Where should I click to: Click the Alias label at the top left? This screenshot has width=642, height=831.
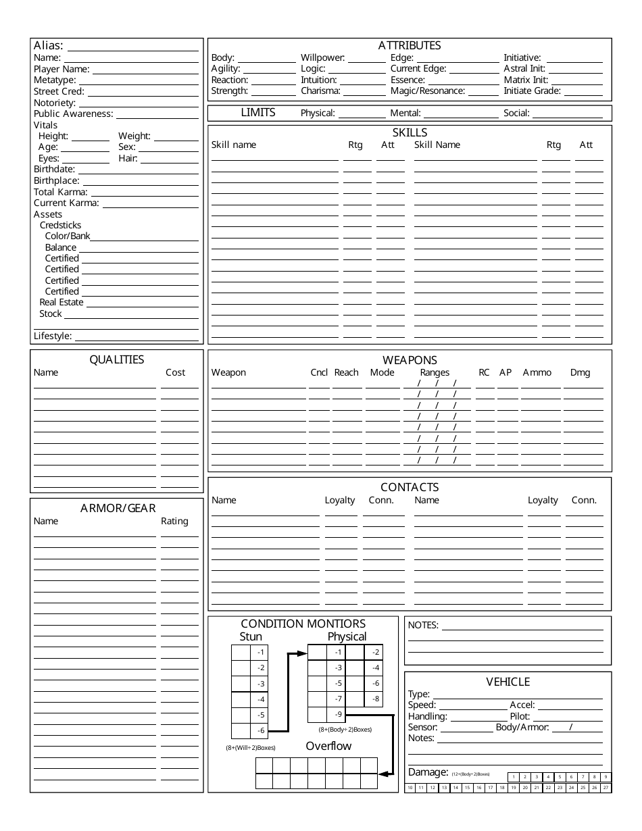coord(49,46)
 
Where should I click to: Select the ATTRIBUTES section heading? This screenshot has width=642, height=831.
coord(410,45)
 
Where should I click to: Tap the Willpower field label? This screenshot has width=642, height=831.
coord(323,58)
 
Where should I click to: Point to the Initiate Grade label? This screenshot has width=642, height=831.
coord(533,91)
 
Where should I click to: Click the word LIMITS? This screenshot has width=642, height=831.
coord(258,113)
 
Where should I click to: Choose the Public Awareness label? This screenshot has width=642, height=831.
coord(74,114)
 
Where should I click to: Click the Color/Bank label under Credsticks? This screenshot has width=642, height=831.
coord(68,236)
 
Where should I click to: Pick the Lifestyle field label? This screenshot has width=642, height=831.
coord(53,336)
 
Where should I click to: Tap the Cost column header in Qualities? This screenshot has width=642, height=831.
coord(175,372)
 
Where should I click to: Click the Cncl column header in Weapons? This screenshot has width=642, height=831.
coord(319,372)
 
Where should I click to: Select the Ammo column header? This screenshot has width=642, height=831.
coord(537,372)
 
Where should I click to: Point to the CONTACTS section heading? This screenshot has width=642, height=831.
coord(410,487)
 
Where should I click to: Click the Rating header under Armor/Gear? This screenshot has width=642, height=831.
coord(174,521)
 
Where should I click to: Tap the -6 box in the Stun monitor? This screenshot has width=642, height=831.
coord(261,731)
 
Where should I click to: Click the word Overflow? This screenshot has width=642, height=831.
coord(328,746)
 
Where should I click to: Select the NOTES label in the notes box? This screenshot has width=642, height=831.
coord(423,625)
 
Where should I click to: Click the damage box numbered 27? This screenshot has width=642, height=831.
coord(606,788)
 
